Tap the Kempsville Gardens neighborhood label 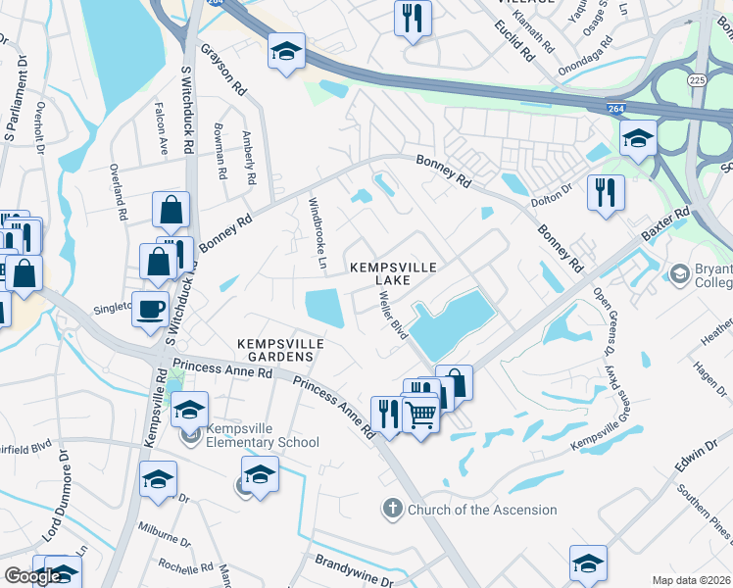click(278, 349)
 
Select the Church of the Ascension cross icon click(391, 509)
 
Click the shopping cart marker click(420, 416)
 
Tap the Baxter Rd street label click(666, 225)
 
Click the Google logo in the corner click(32, 575)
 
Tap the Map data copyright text click(692, 580)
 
